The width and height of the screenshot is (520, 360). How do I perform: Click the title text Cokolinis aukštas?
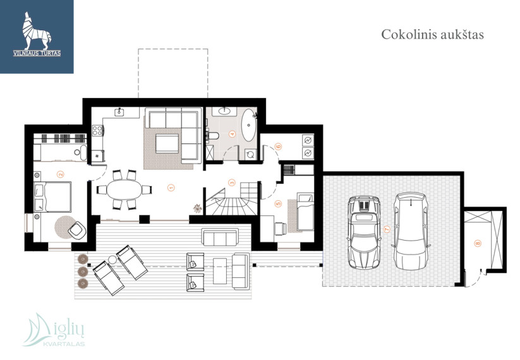tap(432, 35)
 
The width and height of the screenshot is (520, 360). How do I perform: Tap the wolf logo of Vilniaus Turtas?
tap(37, 33)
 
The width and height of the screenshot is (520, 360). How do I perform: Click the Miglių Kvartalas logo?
tap(54, 330)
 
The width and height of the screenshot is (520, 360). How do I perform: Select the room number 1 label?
tap(171, 188)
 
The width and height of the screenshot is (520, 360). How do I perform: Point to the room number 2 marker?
tap(60, 174)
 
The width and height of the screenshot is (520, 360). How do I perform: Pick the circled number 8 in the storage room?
tap(478, 243)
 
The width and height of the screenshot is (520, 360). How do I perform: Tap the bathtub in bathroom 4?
tap(249, 125)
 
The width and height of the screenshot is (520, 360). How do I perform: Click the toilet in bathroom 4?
tap(212, 136)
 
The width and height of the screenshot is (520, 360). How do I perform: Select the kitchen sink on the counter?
tap(119, 112)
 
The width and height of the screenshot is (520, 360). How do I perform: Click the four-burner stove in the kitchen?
tap(97, 130)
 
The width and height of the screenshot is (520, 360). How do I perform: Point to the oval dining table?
tap(124, 189)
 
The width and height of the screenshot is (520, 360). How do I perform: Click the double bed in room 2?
tap(52, 197)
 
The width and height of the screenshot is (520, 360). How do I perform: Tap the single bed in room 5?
tap(305, 212)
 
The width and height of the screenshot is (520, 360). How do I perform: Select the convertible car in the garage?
tap(364, 232)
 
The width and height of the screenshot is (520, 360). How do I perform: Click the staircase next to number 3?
tap(232, 198)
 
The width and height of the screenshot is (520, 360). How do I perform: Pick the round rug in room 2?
tap(66, 227)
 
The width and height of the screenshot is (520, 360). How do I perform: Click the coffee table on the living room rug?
tap(167, 143)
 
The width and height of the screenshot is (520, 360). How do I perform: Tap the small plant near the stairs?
tap(198, 208)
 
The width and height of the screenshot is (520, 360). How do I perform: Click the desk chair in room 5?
tap(281, 229)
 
